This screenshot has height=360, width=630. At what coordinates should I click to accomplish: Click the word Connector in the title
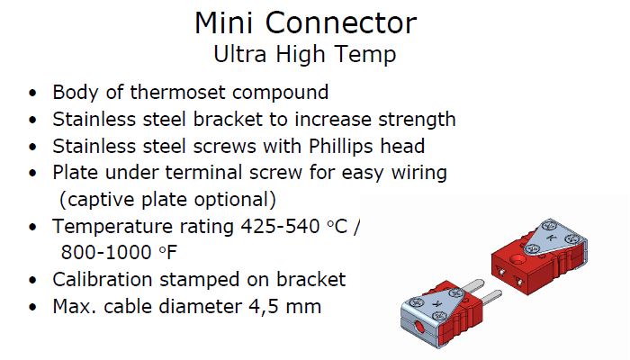coord(341,22)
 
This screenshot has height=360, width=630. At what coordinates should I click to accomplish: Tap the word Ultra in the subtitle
coord(240,54)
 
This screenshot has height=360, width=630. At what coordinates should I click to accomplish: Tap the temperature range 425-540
coord(280,227)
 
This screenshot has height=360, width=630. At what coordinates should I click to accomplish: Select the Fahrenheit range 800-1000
coord(106,253)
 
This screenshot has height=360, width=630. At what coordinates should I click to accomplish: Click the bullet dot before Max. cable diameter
coord(32,308)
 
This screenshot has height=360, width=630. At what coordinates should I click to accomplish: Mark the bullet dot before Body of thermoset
coord(32,93)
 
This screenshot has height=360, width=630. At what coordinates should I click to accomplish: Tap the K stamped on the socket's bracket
coord(551,238)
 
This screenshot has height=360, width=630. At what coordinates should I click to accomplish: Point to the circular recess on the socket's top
coord(519,260)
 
